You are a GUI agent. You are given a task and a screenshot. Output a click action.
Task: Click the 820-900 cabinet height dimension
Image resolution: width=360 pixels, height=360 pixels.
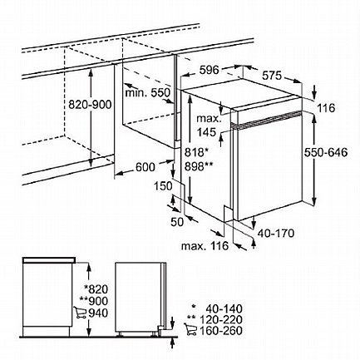tap(90, 105)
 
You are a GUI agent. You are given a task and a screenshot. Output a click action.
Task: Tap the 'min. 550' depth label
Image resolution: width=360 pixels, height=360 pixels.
tap(147, 92)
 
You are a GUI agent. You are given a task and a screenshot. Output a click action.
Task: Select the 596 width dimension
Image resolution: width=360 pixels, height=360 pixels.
tap(209, 70)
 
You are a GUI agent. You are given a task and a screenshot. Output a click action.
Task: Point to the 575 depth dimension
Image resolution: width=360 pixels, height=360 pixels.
tap(272, 76)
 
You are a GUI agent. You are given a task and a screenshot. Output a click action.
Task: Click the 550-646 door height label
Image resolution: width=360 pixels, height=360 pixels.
tap(326, 152)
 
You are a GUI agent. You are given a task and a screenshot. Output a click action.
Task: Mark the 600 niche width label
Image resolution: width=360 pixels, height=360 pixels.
tap(145, 167)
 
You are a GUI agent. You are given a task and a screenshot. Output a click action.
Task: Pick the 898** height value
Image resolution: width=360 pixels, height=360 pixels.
tap(199, 166)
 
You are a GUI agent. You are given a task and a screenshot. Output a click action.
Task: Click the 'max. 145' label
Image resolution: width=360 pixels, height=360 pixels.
tap(210, 126)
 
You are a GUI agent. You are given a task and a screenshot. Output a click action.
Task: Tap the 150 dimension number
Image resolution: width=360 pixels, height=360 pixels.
tap(163, 186)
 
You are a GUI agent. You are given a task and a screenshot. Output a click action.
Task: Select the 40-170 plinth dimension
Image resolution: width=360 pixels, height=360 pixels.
tap(276, 234)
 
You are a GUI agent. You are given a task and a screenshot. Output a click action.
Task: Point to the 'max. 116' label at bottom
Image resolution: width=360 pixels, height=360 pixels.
tap(205, 246)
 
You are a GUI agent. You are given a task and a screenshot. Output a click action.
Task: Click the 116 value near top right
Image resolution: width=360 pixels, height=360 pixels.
tap(326, 108)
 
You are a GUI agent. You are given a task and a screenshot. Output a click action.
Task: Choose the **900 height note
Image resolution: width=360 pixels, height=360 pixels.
tap(93, 301)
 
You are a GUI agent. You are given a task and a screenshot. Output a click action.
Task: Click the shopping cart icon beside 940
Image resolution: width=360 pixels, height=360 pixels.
tap(80, 313)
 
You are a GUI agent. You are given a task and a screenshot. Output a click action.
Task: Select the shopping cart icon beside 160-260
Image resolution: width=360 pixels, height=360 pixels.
tap(190, 329)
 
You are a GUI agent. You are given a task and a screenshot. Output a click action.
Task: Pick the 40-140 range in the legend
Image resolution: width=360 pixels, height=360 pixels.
tap(224, 308)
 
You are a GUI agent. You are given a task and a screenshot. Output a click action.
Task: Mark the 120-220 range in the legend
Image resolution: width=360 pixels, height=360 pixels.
tap(224, 319)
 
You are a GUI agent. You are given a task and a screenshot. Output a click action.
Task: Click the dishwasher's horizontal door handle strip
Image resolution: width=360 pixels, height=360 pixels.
tap(267, 120)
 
